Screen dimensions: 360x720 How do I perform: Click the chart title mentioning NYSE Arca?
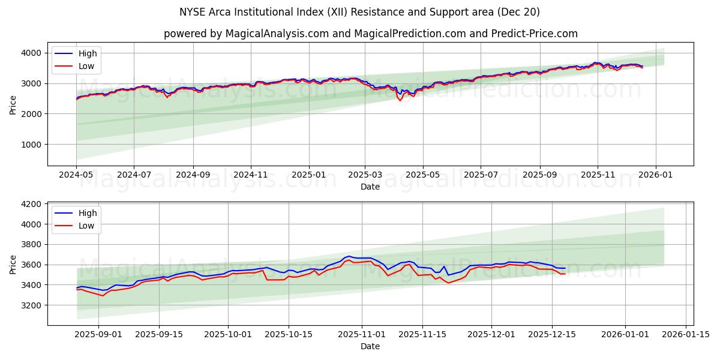359,12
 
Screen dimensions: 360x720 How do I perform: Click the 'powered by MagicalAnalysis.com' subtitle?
370,34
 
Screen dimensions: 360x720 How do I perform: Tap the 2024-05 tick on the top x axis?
76,174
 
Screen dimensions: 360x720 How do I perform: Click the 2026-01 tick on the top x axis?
655,174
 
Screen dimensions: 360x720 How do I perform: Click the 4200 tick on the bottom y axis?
32,204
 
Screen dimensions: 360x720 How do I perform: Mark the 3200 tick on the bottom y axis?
32,305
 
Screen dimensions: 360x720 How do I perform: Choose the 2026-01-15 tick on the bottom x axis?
686,334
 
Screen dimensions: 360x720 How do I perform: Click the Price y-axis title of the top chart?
13,105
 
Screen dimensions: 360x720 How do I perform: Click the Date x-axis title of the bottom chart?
370,346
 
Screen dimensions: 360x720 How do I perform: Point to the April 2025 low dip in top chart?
400,100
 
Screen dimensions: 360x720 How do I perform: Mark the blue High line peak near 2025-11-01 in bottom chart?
349,256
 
